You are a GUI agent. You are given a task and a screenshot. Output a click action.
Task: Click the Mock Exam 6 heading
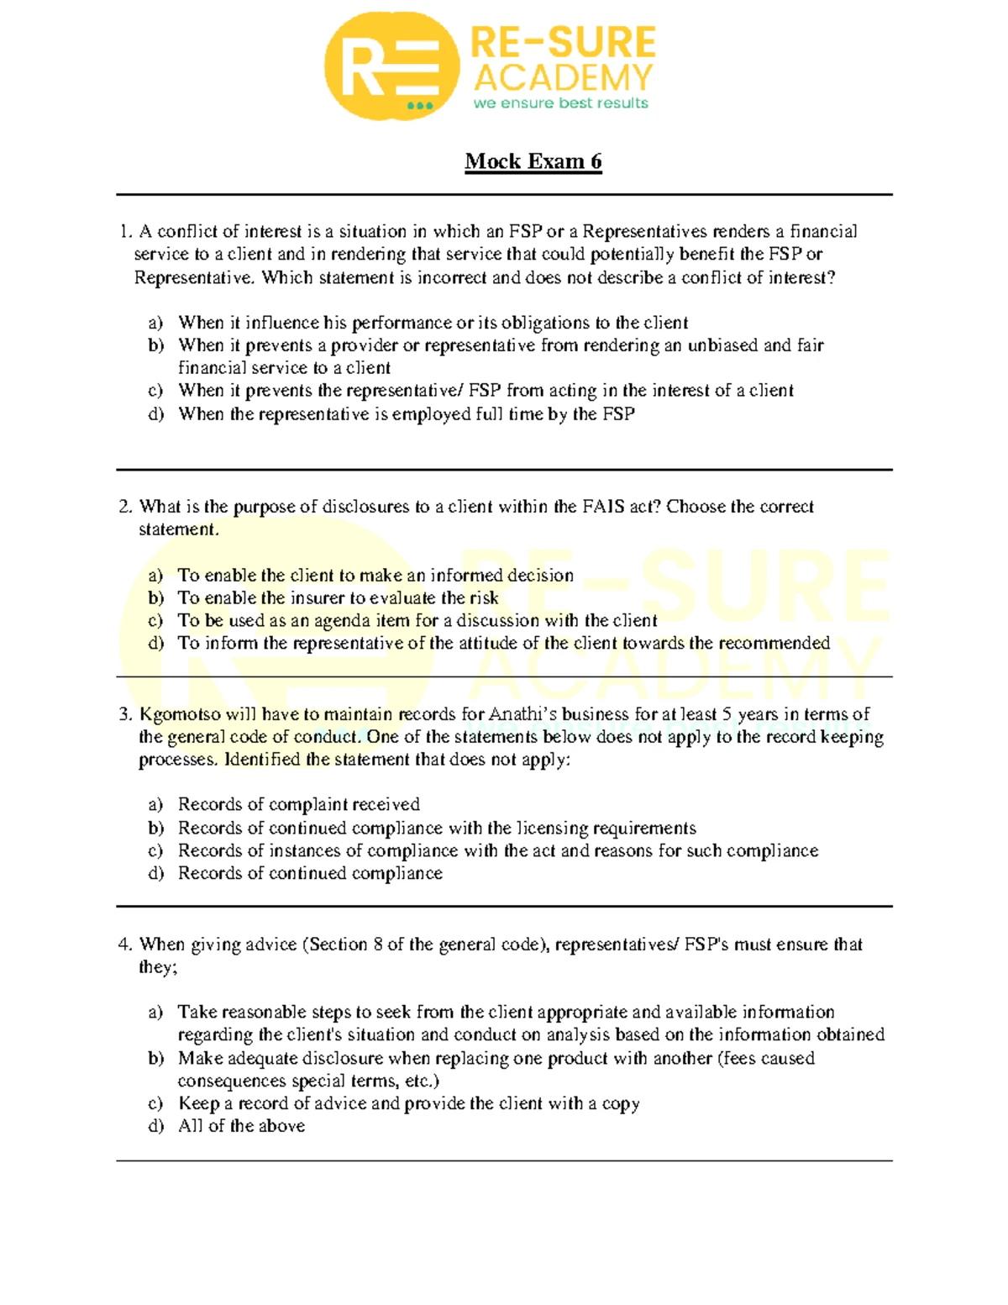click(x=533, y=161)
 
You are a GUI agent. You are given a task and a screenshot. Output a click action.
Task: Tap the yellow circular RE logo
click(x=392, y=66)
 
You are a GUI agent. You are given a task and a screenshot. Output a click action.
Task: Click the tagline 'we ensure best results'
click(x=560, y=103)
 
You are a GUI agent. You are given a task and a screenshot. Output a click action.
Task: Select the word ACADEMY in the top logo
click(x=563, y=78)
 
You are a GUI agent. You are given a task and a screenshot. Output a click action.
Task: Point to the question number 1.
click(x=125, y=231)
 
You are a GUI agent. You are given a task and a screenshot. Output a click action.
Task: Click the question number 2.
click(x=125, y=507)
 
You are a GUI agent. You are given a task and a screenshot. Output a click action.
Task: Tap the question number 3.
click(x=125, y=714)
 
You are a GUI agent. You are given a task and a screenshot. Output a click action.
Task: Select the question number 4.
click(x=125, y=945)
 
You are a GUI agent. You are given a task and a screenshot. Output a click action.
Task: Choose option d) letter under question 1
click(x=155, y=414)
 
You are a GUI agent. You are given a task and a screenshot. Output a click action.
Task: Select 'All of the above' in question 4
click(x=241, y=1126)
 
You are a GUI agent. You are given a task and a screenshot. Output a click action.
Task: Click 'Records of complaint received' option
click(x=298, y=804)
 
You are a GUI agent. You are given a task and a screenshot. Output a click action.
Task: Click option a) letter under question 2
click(x=155, y=576)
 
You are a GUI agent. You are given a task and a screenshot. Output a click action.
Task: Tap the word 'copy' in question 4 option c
click(x=621, y=1103)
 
